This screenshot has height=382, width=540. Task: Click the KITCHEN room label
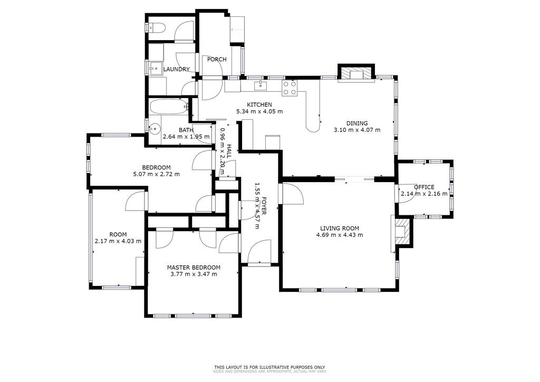coord(259,104)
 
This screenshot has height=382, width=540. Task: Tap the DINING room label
coord(357,123)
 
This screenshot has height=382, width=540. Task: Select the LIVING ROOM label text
coord(340,228)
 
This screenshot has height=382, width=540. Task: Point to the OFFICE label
coord(424,187)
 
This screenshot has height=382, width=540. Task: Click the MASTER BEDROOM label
coord(194,268)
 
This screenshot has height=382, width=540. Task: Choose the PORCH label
coord(217,59)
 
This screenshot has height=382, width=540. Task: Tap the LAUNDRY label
coord(176,69)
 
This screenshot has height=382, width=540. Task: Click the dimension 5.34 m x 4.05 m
coord(259,112)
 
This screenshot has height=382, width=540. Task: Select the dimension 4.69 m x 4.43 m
coord(340,235)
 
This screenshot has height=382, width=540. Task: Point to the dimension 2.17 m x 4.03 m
coord(118,241)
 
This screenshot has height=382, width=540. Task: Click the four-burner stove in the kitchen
coord(290,88)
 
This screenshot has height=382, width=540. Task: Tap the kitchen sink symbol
coord(261,85)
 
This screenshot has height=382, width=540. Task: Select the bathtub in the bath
coord(169,107)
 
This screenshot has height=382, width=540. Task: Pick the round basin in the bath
coord(155,129)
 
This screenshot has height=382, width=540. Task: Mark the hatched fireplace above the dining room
coord(356,73)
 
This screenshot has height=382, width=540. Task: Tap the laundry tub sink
coord(156,68)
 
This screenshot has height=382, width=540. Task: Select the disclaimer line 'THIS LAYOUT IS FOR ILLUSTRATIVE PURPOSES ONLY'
coord(269,367)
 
